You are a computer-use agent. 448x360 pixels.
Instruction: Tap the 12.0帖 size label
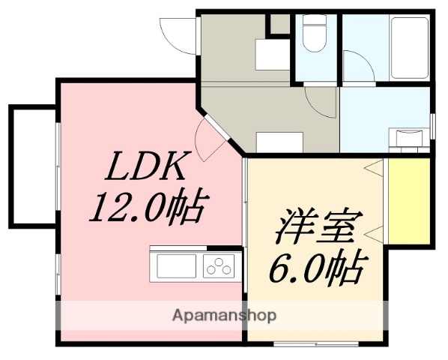[146, 207]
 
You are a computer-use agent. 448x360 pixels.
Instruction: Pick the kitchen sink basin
[175, 265]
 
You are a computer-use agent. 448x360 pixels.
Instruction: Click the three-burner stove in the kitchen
[220, 265]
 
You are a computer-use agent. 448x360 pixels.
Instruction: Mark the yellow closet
[409, 200]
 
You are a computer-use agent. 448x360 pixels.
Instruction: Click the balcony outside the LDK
[32, 166]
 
